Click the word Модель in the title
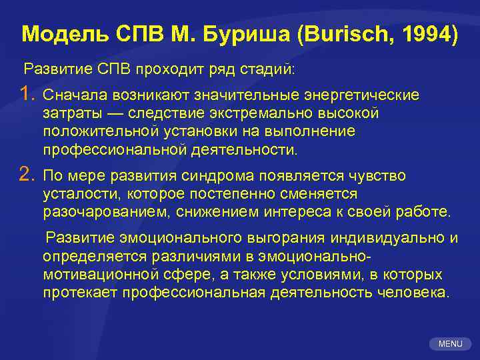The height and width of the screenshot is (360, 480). (55, 34)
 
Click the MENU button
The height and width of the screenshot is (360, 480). (451, 344)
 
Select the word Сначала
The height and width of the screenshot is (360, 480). (72, 96)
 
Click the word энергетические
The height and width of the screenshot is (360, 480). (363, 96)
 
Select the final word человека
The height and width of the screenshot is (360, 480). (413, 293)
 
